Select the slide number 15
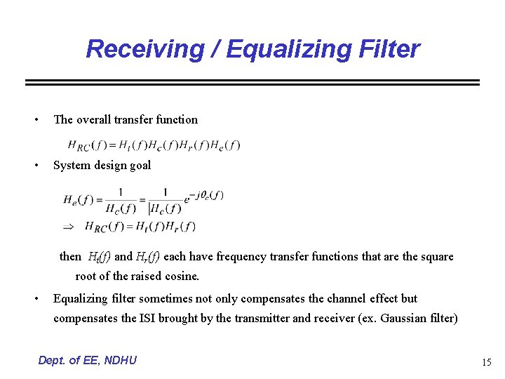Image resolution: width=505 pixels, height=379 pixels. point(486,362)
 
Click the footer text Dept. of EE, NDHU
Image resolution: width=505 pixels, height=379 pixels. point(88,360)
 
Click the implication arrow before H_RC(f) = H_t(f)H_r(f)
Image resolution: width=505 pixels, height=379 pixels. point(69,227)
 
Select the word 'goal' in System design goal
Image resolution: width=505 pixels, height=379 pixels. point(139,166)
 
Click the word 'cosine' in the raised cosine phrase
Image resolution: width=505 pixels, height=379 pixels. point(182,276)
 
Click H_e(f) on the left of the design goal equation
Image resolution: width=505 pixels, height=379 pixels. point(78,199)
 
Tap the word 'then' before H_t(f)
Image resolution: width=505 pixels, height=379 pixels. point(70,257)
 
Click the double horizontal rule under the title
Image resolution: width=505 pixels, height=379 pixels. point(252,83)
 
